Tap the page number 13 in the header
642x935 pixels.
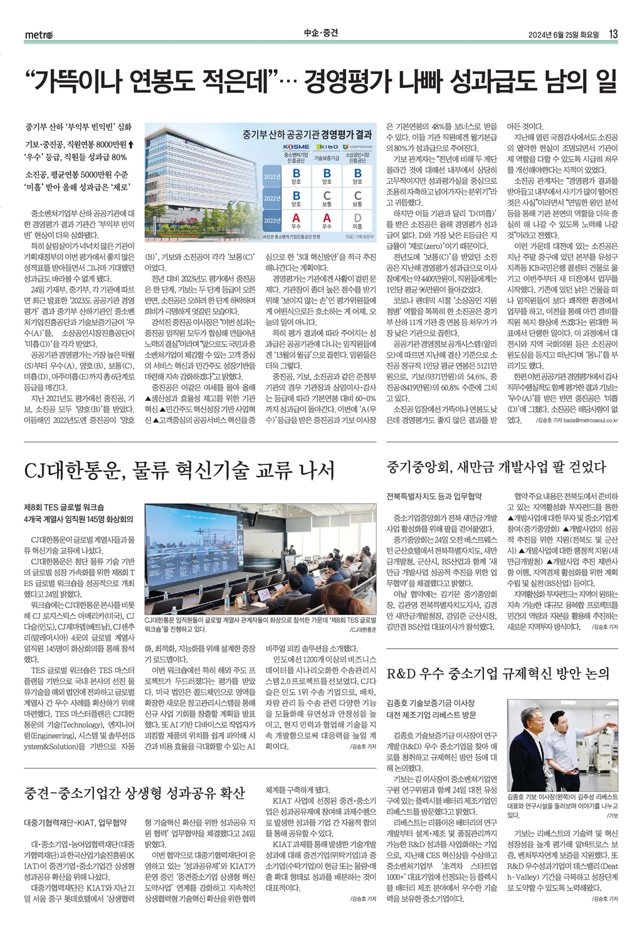tap(614, 34)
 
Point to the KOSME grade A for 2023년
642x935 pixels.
tap(296, 219)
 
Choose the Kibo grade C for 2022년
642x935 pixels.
tap(327, 196)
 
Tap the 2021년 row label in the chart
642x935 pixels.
tap(272, 176)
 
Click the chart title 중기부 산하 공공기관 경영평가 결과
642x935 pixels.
tap(307, 134)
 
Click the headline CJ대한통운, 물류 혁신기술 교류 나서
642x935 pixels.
tap(179, 471)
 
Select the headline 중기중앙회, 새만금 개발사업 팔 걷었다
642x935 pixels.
tap(497, 466)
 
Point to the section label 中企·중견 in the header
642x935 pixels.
tap(320, 34)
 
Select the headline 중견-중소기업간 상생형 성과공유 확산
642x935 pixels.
tap(134, 793)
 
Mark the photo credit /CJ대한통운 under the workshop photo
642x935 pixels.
tap(363, 629)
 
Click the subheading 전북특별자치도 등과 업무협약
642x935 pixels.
tap(434, 496)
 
